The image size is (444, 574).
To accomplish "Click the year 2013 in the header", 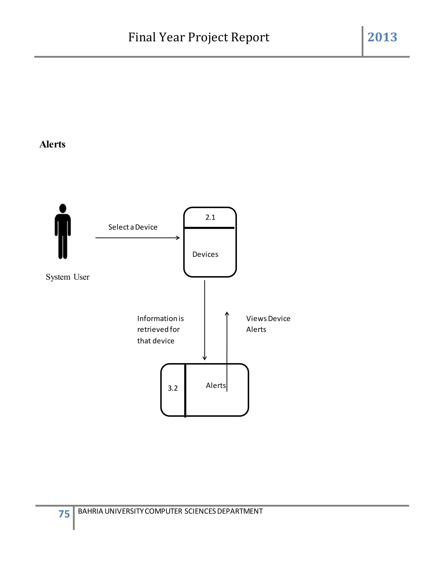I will coord(382,37).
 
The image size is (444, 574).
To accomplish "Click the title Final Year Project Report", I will coord(199,37).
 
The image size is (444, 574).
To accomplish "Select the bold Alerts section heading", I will coord(52,144).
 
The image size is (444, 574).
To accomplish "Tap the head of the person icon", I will coord(63,208).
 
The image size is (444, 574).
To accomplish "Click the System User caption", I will coord(68,277).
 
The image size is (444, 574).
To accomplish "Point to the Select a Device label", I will coord(133,227).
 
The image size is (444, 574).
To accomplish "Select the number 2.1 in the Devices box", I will coord(210,217).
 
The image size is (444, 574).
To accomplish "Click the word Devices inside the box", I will coord(205,255).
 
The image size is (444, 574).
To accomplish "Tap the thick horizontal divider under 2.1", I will coord(209,228).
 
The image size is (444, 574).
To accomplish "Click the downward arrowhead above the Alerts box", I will coord(205,358).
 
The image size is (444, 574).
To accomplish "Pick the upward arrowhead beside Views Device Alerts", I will coord(227,314).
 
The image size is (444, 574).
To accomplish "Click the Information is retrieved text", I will coord(160,330).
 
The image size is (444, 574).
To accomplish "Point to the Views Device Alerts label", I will coord(268,324).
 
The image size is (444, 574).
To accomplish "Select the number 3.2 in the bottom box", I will coord(173,388).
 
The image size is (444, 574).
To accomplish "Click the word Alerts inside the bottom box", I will coord(216,386).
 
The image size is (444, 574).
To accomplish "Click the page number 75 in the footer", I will coord(64,514).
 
